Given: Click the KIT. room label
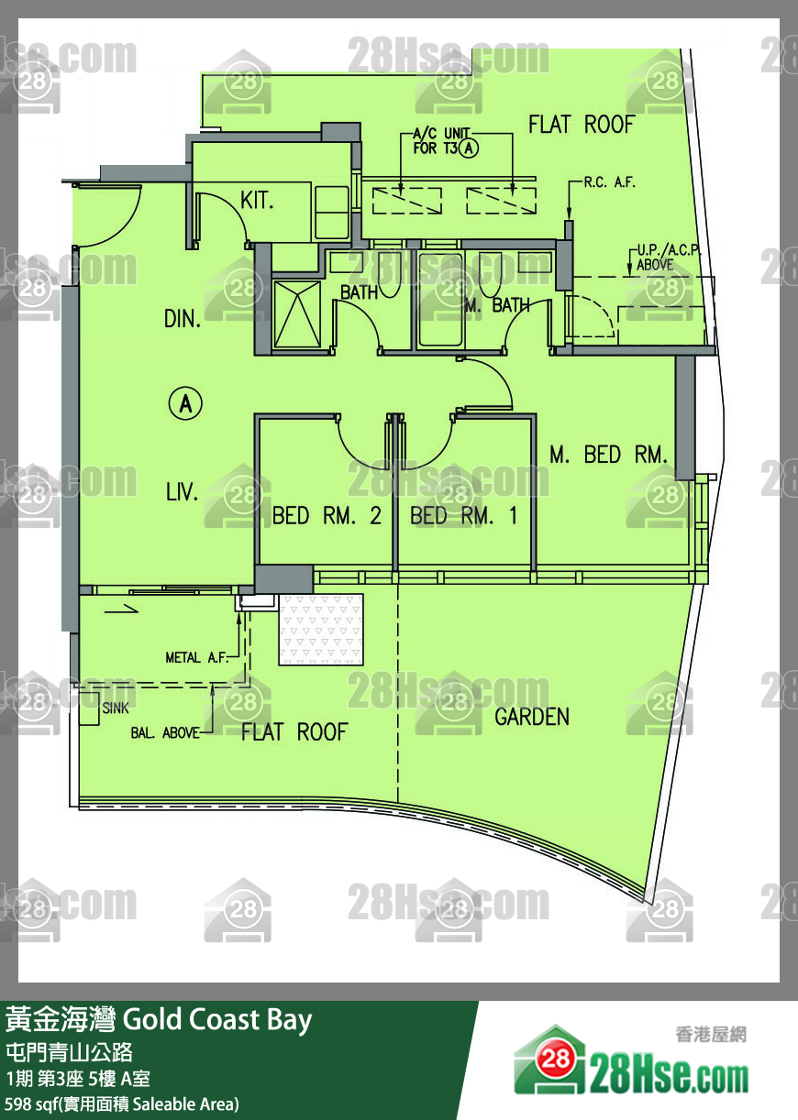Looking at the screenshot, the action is (x=257, y=201).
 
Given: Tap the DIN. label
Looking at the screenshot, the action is (x=183, y=319).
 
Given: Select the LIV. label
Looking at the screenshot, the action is (x=183, y=492).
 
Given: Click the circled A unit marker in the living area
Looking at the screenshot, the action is (x=185, y=403).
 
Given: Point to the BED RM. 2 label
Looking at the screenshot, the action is (x=327, y=515).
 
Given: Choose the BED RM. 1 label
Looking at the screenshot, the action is (x=464, y=515).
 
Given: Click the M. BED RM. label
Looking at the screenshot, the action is (x=608, y=455).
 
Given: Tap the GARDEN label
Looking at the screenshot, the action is (x=532, y=717).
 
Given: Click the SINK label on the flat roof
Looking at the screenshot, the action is (x=116, y=708).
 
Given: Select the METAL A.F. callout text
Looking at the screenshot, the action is (x=196, y=657).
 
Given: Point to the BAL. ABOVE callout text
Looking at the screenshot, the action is (x=165, y=733).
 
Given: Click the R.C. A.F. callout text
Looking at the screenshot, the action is (x=609, y=182).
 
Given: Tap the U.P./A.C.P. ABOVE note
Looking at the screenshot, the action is (x=668, y=257).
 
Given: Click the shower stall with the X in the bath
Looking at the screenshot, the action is (x=297, y=314).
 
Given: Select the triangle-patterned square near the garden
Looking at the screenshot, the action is (x=321, y=630).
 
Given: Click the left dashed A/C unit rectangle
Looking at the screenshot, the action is (x=406, y=201).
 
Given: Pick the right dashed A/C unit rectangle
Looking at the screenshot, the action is (x=502, y=201).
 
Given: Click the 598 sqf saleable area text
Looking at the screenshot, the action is (x=122, y=1104).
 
